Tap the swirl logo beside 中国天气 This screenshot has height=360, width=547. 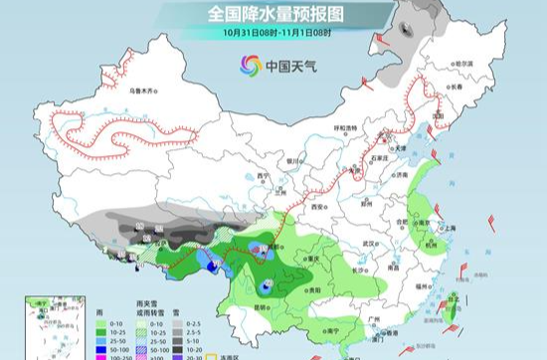coord(249,67)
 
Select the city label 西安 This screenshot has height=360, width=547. coord(318,209)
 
